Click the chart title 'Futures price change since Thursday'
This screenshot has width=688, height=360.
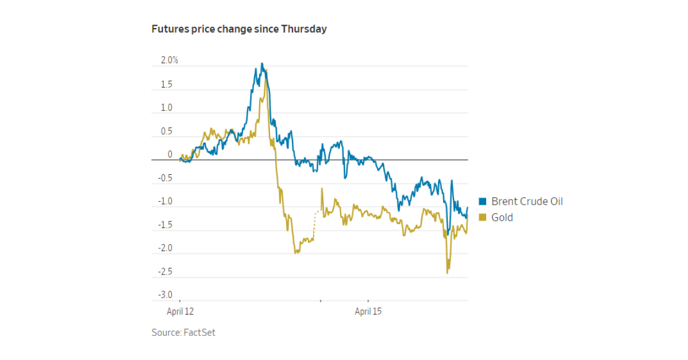tap(239, 29)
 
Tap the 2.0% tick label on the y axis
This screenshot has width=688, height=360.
tap(169, 60)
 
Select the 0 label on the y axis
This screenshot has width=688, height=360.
tap(170, 154)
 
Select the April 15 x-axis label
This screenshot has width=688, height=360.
tap(368, 312)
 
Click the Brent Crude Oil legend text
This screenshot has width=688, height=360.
tap(527, 201)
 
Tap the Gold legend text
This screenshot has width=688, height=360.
tap(502, 217)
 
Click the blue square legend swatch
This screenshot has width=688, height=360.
tap(482, 201)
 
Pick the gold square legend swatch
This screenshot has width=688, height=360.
tap(482, 217)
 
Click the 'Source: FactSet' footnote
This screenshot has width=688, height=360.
tap(183, 332)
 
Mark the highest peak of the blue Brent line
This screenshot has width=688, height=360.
tap(262, 64)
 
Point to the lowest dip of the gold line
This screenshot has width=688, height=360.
tap(447, 272)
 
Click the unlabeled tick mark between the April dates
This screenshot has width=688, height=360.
tap(320, 300)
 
